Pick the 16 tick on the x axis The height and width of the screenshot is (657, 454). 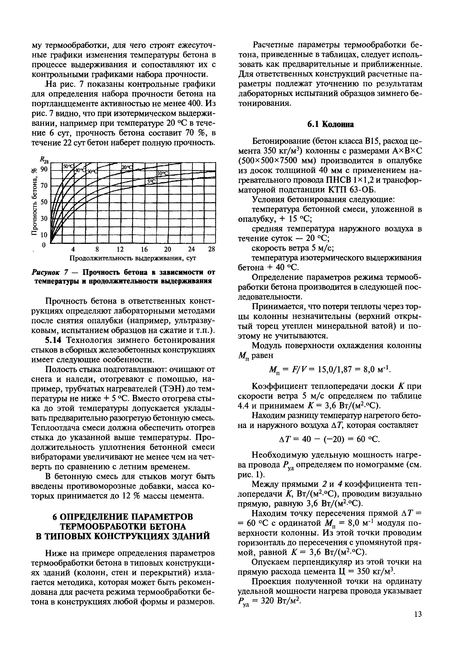click(144, 250)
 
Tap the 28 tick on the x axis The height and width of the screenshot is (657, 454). click(211, 250)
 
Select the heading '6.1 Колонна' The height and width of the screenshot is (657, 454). click(330, 125)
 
